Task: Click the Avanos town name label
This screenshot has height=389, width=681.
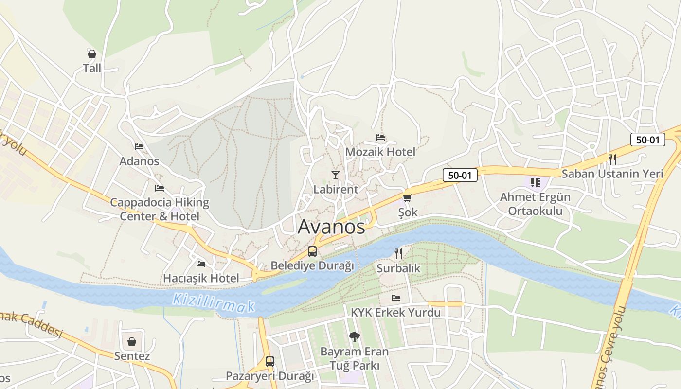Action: (331, 227)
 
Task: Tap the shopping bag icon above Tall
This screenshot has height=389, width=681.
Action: (92, 53)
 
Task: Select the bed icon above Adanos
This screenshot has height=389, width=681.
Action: (139, 146)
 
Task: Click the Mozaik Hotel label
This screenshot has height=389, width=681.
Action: (380, 152)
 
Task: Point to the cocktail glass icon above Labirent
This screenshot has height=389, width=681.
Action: (336, 175)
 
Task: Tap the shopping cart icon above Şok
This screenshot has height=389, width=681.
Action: (407, 198)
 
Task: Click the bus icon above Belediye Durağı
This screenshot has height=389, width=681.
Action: (312, 251)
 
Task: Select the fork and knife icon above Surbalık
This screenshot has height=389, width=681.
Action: (398, 253)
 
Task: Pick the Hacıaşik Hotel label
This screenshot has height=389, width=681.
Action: (201, 278)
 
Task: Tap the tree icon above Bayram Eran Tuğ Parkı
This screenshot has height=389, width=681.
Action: (354, 336)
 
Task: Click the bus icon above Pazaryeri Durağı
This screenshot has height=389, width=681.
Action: (270, 362)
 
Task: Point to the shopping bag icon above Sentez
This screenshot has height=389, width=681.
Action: (132, 342)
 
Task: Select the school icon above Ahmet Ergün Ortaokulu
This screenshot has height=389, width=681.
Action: (536, 183)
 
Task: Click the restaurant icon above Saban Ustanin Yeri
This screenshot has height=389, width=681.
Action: (612, 159)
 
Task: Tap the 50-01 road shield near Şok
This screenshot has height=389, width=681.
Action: (460, 175)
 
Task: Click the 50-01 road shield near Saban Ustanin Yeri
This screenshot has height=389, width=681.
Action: (647, 140)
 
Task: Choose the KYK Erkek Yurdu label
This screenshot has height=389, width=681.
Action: (395, 312)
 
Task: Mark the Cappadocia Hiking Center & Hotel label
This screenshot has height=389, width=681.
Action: (160, 210)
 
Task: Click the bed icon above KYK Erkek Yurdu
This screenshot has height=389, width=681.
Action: (396, 298)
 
